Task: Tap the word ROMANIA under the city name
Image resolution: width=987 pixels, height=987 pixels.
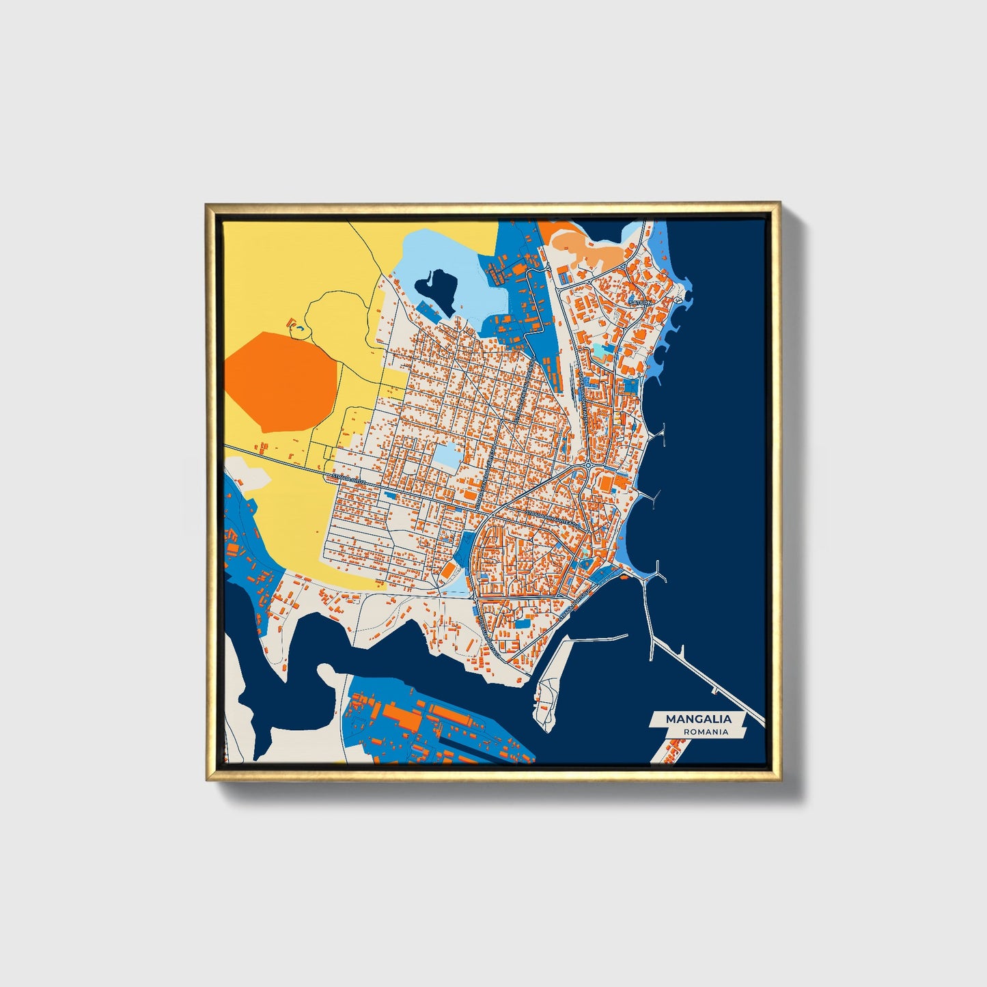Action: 704,732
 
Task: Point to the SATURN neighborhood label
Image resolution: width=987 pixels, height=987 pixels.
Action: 641,301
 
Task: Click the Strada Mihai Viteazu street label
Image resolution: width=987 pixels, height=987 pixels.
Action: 551,518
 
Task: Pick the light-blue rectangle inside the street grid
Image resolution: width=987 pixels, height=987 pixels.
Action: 447,456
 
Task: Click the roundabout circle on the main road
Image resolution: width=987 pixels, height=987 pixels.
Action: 589,467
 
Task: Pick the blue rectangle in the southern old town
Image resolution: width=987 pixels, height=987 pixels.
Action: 522,622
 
